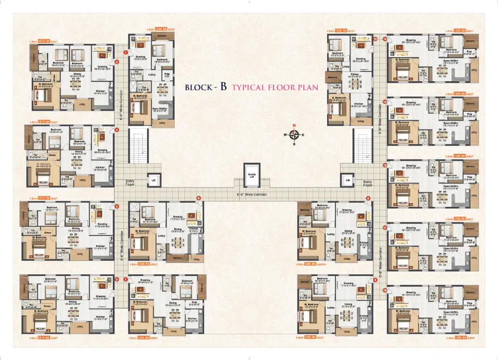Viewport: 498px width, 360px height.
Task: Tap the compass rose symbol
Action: click(294, 135)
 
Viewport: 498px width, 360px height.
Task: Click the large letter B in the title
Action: click(223, 87)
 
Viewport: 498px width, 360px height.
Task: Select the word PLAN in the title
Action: click(308, 87)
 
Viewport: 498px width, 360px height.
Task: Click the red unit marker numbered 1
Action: click(126, 53)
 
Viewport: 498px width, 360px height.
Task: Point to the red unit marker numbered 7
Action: click(126, 279)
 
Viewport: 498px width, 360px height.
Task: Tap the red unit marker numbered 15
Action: click(375, 39)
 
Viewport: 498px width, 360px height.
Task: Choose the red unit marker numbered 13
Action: click(385, 101)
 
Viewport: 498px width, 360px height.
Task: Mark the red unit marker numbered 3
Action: click(116, 130)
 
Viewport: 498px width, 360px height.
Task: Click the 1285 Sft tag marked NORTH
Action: click(311, 264)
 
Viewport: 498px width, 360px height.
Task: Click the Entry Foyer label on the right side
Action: click(367, 183)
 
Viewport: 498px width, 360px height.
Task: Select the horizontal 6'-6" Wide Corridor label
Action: click(252, 194)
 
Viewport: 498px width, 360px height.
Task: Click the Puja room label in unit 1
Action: click(167, 75)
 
